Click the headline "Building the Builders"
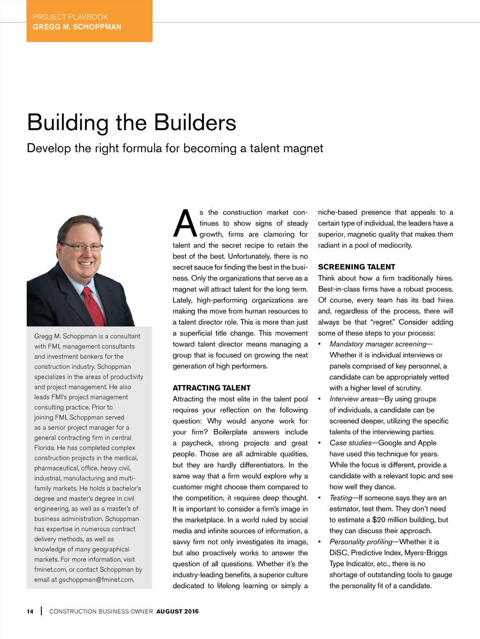tap(132, 123)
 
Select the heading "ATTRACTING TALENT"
tap(211, 388)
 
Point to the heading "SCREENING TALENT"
tap(356, 267)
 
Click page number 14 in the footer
tap(30, 611)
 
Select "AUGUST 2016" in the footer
tap(177, 611)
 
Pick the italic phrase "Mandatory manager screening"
tap(378, 344)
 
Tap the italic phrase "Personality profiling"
tap(361, 542)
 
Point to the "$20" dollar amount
tap(379, 520)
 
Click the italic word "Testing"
tap(341, 498)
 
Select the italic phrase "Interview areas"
tap(353, 399)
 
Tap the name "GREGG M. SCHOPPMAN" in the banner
tap(77, 27)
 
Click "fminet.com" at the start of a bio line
tap(50, 569)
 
